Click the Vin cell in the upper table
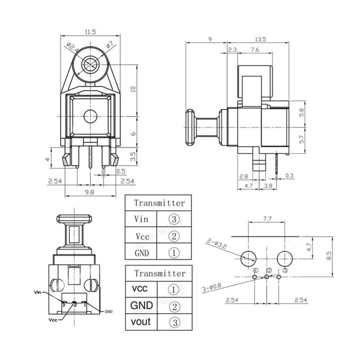click(x=141, y=219)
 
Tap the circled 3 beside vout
click(x=174, y=322)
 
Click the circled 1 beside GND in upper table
click(x=174, y=253)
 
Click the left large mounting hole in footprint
click(x=249, y=258)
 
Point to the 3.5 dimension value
click(x=132, y=157)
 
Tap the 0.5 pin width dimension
click(x=121, y=171)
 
